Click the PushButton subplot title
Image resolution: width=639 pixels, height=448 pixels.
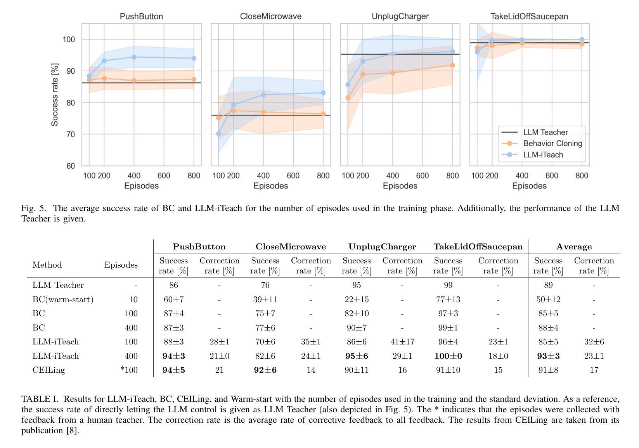tap(141, 17)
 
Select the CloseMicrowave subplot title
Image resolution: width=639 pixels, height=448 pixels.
tap(271, 17)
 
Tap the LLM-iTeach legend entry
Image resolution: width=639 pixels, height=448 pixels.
tap(543, 155)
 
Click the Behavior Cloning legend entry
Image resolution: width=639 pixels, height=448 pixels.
tap(552, 144)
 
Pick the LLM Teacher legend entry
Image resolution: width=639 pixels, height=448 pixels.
tap(545, 132)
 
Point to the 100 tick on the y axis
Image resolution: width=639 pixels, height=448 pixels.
tap(69, 40)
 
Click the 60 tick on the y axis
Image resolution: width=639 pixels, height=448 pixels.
tap(70, 166)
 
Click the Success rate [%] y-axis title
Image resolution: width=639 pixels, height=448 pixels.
tap(55, 95)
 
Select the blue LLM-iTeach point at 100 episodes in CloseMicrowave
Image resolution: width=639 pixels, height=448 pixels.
tap(218, 134)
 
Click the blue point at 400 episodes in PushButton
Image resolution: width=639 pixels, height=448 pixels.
tap(134, 57)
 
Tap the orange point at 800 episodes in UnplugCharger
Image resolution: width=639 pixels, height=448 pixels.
tap(452, 65)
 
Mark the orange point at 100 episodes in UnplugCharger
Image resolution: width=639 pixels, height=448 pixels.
tap(348, 98)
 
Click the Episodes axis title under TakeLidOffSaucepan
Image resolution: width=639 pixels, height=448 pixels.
tap(529, 186)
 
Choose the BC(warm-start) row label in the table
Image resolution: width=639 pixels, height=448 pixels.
tap(63, 299)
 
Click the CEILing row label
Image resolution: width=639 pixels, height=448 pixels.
tap(49, 370)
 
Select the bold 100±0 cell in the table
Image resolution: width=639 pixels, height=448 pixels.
tap(448, 356)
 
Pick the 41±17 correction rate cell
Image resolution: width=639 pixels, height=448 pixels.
tap(402, 342)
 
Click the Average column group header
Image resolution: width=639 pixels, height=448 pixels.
tap(574, 247)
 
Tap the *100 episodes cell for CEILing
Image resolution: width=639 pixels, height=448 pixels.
tap(129, 370)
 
